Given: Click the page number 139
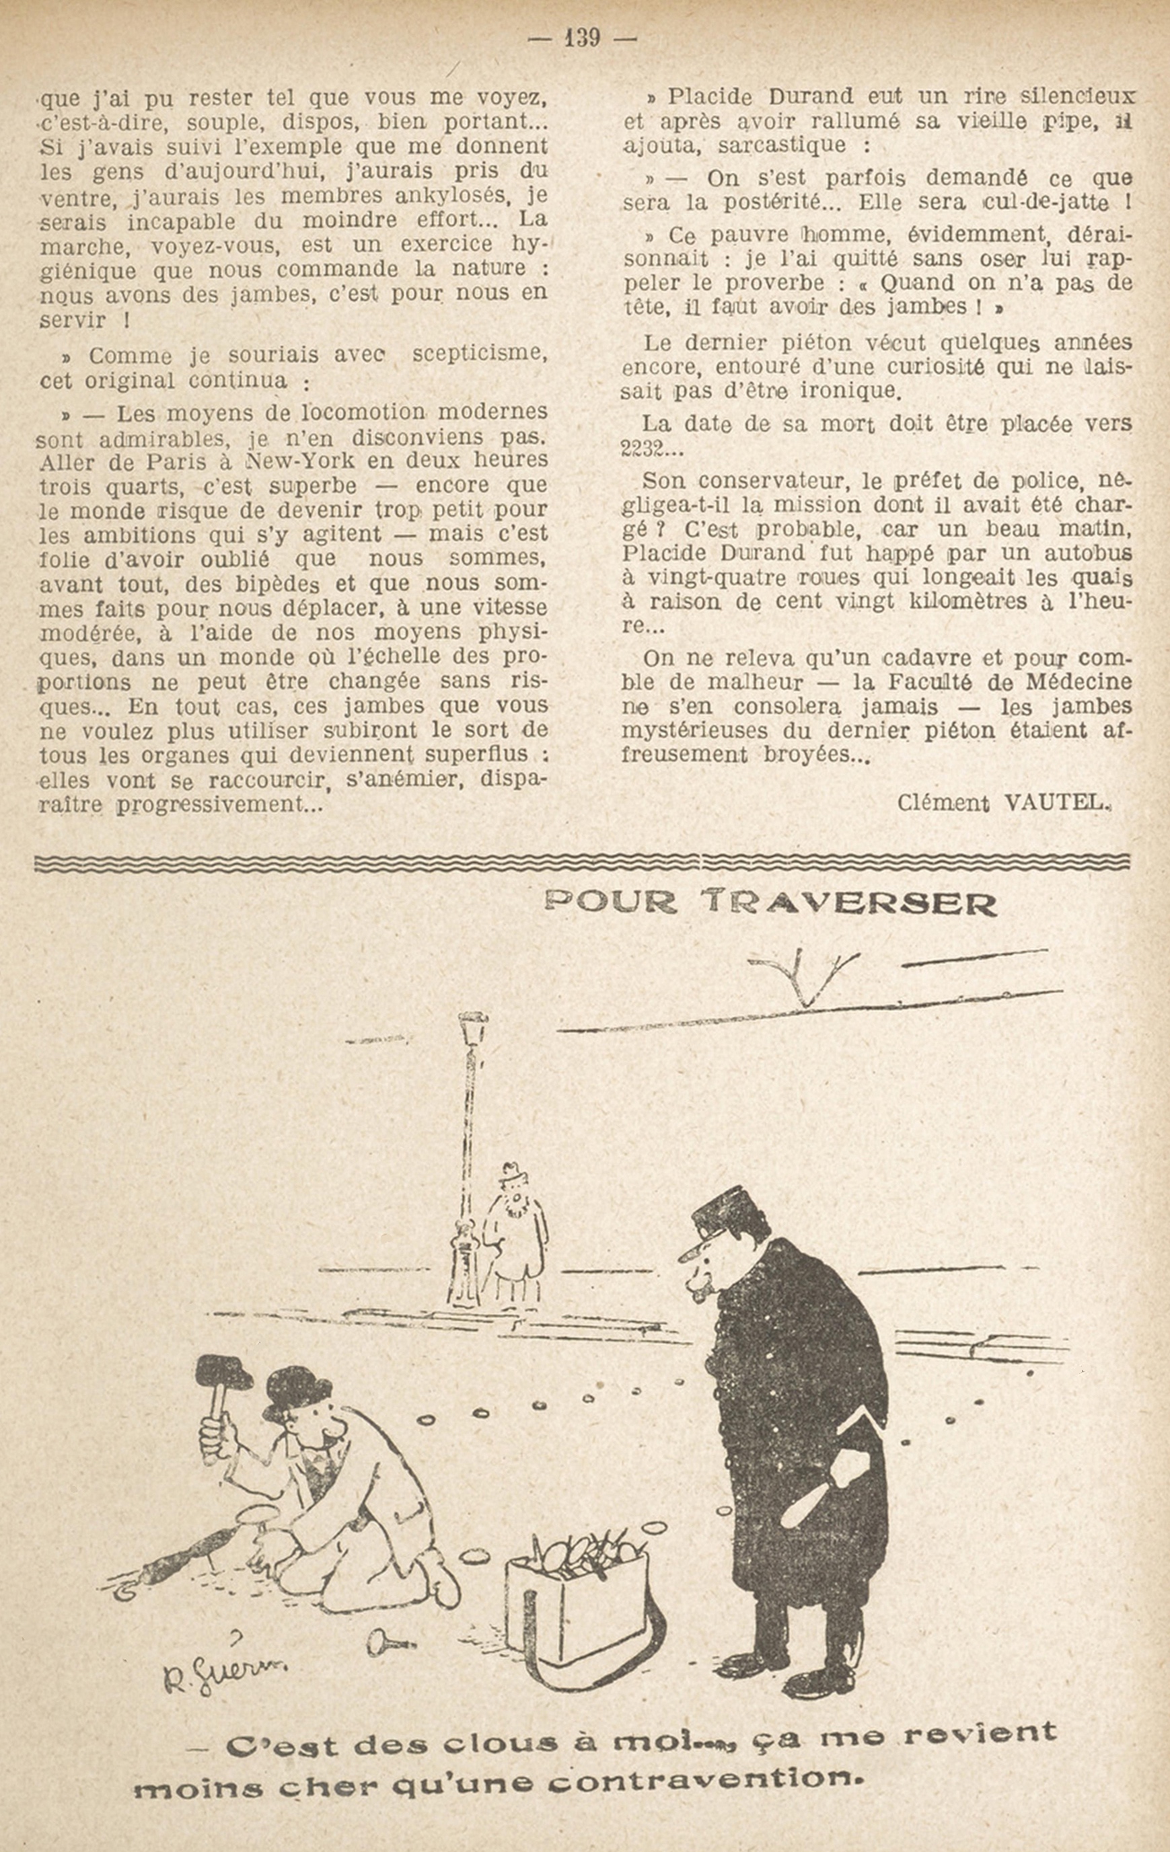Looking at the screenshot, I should click(x=581, y=37).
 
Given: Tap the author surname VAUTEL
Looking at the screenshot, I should click(x=1057, y=803).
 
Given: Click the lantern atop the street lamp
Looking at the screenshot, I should click(x=472, y=1028).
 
